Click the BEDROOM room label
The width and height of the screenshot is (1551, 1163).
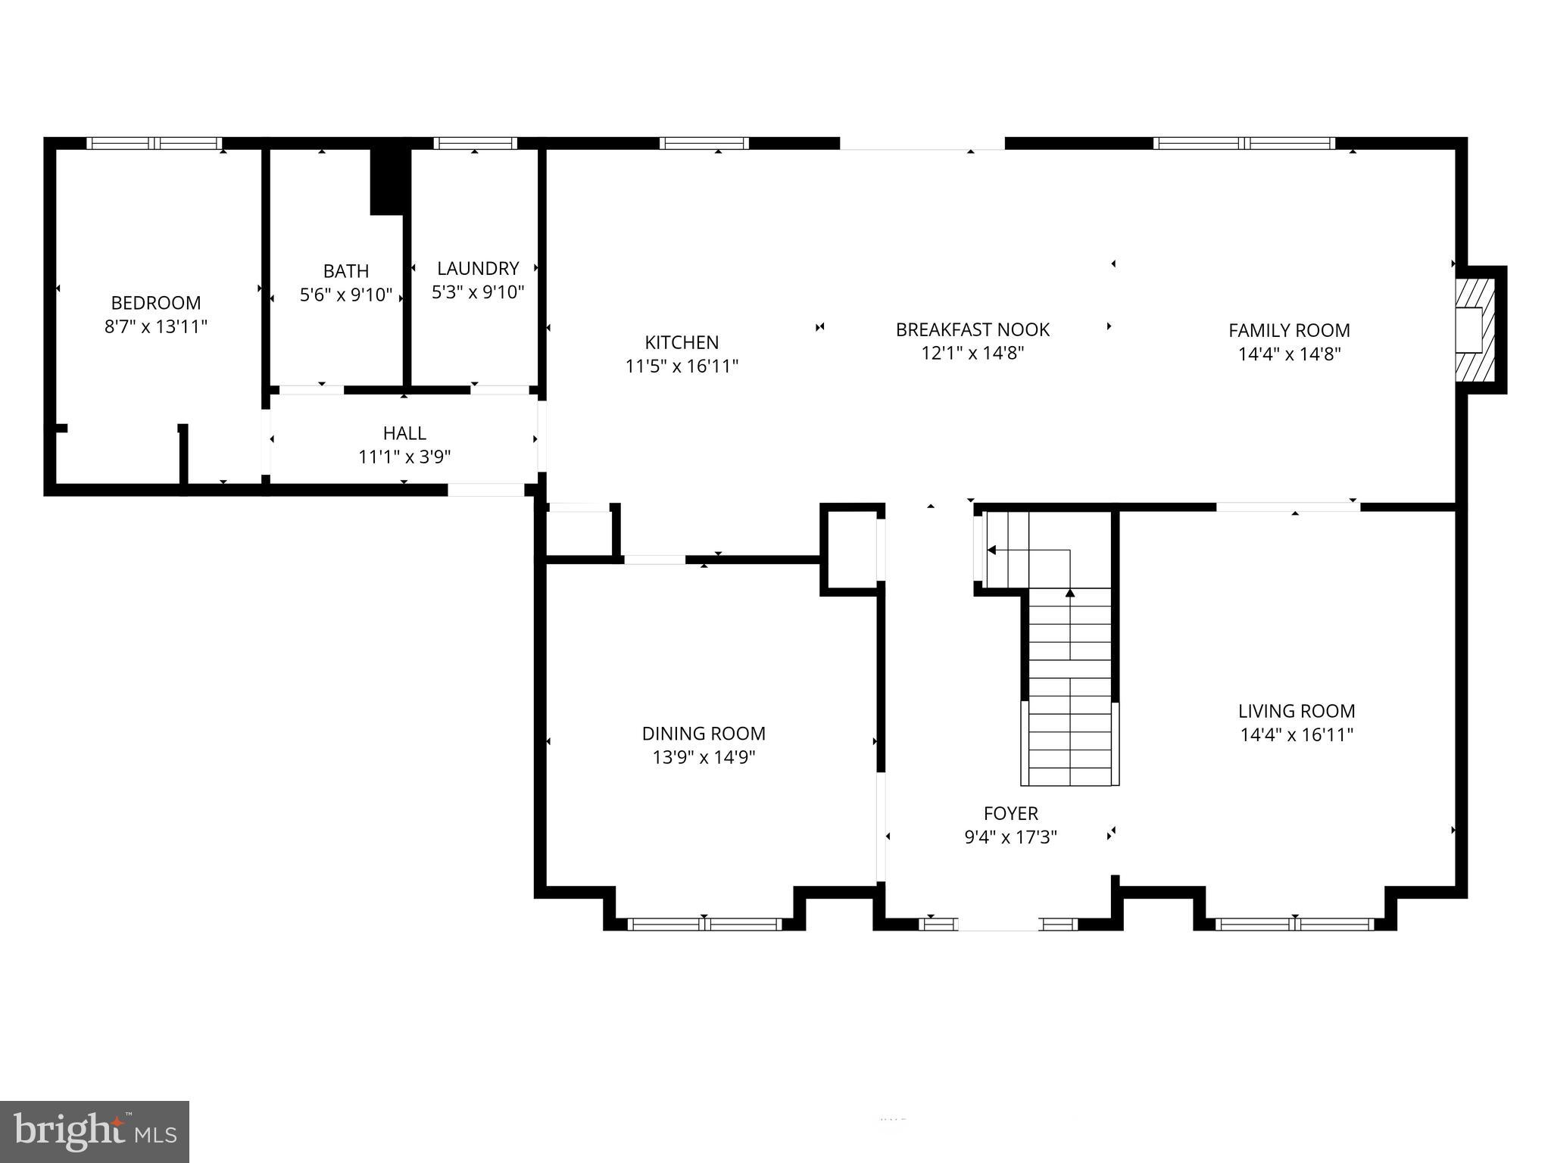(x=156, y=303)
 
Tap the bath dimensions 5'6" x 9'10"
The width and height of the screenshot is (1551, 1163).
(x=346, y=295)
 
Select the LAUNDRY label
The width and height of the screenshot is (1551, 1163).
(x=478, y=268)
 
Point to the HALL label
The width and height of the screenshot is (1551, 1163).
(x=404, y=433)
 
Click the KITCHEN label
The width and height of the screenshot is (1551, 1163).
(x=682, y=342)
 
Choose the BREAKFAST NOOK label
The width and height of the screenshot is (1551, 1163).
(x=972, y=330)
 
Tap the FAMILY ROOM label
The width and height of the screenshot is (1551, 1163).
(x=1289, y=330)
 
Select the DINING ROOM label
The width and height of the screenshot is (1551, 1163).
(x=704, y=733)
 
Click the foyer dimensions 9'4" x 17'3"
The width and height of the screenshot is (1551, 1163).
(x=1010, y=837)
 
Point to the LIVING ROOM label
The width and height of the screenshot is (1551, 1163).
(x=1297, y=711)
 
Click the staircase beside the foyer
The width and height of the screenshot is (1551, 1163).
(x=1069, y=681)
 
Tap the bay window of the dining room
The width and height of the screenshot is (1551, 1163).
(x=704, y=924)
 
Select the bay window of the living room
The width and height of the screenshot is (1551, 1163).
(x=1294, y=924)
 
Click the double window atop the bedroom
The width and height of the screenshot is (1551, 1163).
(x=154, y=143)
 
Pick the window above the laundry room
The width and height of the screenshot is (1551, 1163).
(x=476, y=143)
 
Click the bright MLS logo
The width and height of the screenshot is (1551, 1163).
(x=95, y=1131)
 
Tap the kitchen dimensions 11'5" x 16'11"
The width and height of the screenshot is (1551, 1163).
(x=682, y=366)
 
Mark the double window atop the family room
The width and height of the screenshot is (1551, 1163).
(x=1244, y=143)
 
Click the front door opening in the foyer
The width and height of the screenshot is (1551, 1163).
(x=999, y=924)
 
